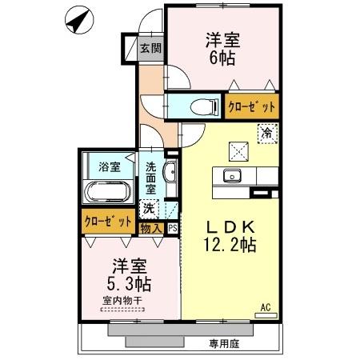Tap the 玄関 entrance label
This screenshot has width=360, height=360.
click(151, 47)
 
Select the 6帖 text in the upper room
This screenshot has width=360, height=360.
click(222, 58)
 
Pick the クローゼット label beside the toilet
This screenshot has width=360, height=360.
click(252, 106)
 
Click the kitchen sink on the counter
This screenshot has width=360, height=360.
click(234, 176)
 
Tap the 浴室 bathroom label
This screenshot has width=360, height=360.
click(110, 166)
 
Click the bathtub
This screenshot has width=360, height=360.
click(108, 194)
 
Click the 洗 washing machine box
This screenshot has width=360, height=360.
click(148, 208)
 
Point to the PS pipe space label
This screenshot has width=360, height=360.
click(173, 227)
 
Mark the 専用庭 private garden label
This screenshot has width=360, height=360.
click(226, 343)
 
